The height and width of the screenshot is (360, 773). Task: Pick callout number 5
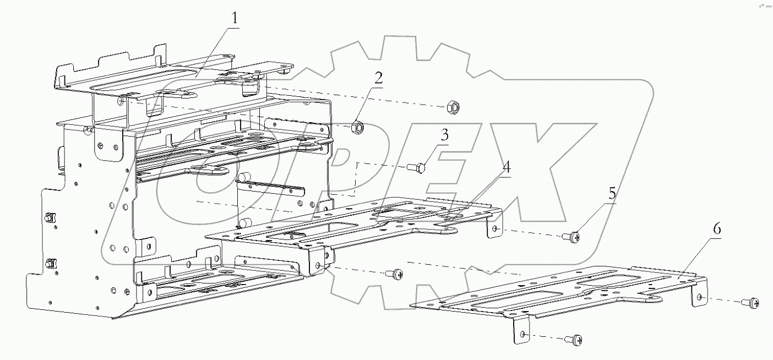612,194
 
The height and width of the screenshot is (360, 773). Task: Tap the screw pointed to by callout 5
573,238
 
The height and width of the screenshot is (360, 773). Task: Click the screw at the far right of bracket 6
752,302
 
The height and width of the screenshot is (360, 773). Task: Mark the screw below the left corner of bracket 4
394,273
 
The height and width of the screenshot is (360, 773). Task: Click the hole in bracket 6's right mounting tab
699,298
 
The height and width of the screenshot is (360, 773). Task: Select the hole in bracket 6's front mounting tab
522,335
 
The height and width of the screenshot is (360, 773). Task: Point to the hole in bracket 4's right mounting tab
495,228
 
